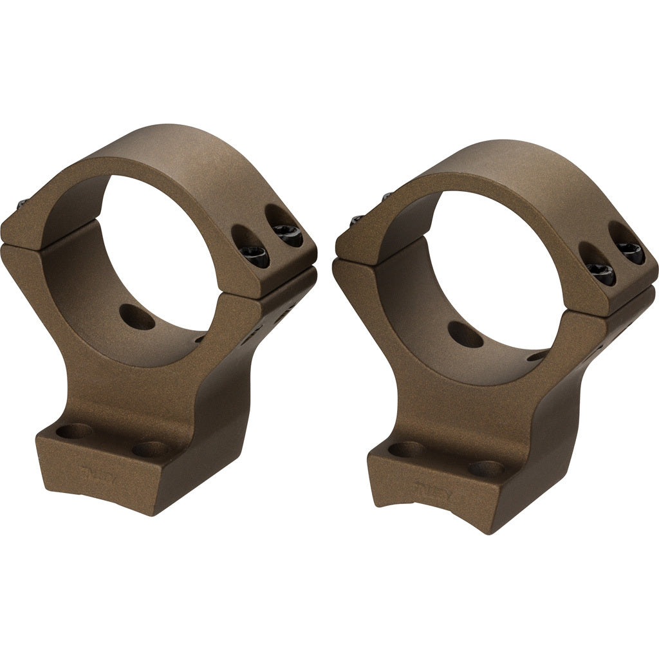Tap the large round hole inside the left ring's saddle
tap(140, 316)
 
